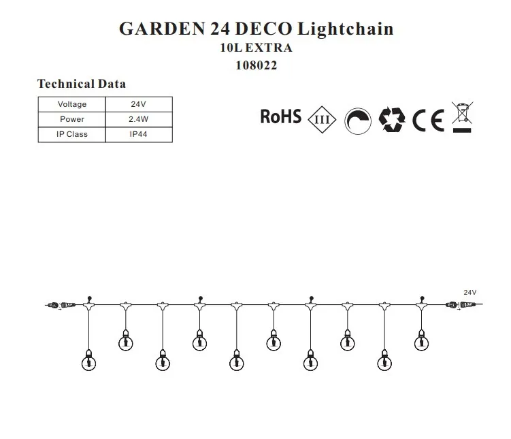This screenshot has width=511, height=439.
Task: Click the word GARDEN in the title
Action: pyautogui.click(x=157, y=29)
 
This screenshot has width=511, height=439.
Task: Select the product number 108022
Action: pyautogui.click(x=255, y=65)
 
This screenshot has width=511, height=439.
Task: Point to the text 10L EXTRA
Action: pyautogui.click(x=255, y=48)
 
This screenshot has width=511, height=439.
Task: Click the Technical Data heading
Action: pyautogui.click(x=81, y=84)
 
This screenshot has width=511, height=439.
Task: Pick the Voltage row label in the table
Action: pyautogui.click(x=71, y=104)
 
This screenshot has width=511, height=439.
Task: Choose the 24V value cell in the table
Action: pyautogui.click(x=139, y=104)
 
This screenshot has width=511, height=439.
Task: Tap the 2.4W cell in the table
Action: pyautogui.click(x=139, y=119)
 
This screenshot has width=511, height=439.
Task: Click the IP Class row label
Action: pyautogui.click(x=71, y=134)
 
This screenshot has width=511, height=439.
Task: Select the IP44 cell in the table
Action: pyautogui.click(x=139, y=134)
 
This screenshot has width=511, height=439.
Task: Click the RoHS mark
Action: pyautogui.click(x=280, y=116)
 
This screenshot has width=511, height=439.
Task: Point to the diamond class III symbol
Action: pyautogui.click(x=323, y=120)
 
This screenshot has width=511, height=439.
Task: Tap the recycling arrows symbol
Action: pyautogui.click(x=392, y=120)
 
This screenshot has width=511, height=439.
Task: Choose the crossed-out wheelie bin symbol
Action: pyautogui.click(x=462, y=116)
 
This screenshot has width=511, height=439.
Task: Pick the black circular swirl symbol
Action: pyautogui.click(x=357, y=120)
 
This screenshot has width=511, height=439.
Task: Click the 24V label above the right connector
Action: pyautogui.click(x=469, y=291)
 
